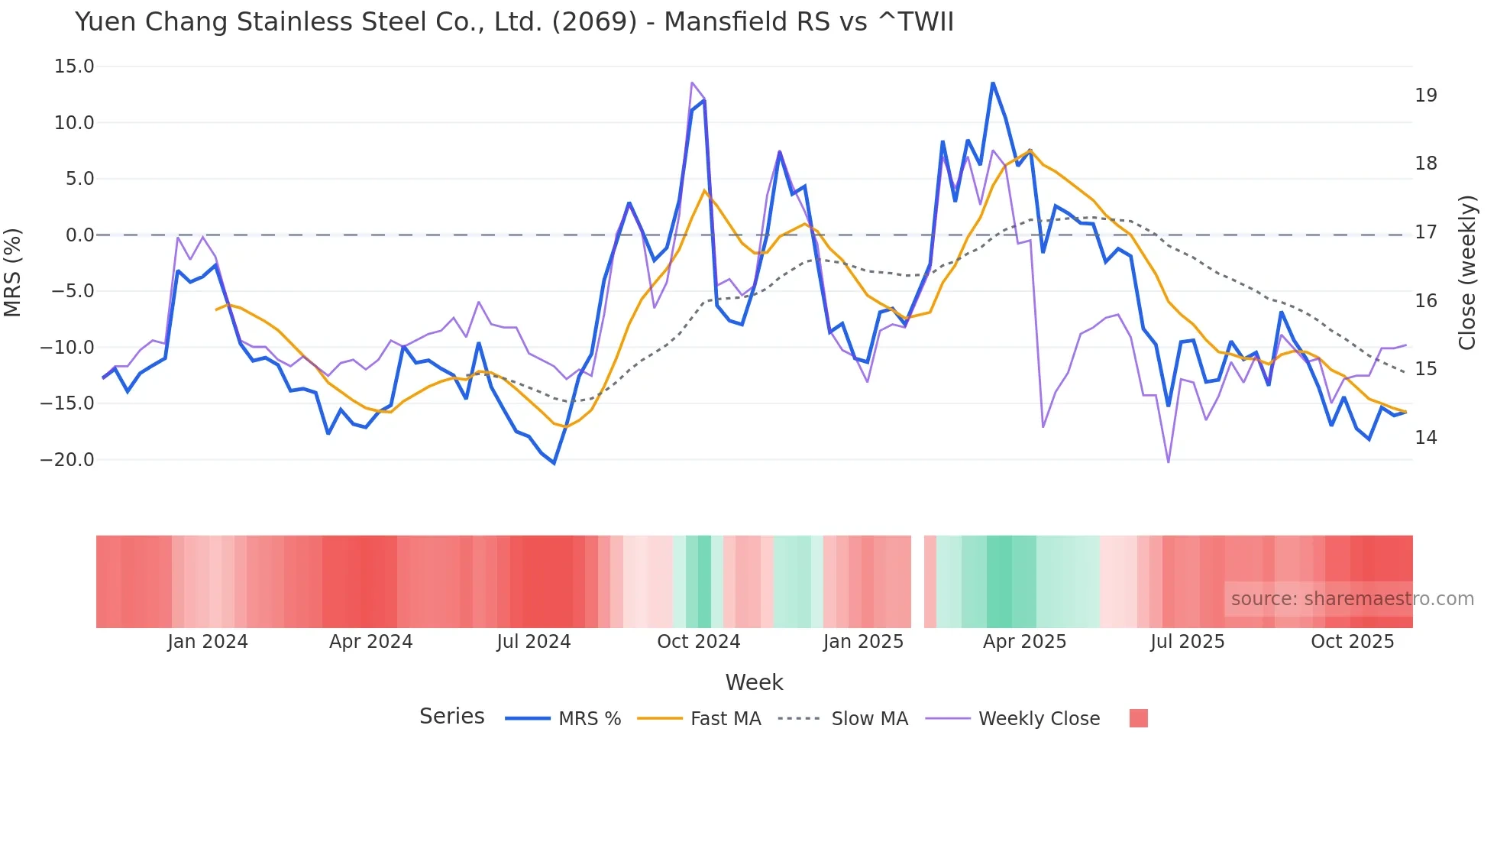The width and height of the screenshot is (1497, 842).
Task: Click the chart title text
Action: pos(514,22)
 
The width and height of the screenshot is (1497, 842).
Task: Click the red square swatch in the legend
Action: pos(1138,718)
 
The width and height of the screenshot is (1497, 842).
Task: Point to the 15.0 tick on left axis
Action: pos(74,66)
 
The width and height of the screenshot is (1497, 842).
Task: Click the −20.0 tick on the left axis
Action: pos(68,460)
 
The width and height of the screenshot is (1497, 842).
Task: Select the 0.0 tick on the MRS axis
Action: pos(79,235)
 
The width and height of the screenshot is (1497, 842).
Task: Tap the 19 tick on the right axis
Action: pos(1425,96)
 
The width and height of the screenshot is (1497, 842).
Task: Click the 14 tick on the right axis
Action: pos(1425,438)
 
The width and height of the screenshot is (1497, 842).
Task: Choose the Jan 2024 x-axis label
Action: pos(208,642)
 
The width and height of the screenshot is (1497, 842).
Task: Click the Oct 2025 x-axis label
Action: pos(1352,642)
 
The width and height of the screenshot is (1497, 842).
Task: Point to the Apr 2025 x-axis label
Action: pos(1024,642)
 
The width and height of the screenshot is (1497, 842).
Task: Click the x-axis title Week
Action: pos(754,682)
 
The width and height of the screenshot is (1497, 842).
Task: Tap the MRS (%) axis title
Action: pos(13,272)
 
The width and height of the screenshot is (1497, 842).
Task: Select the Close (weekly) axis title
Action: pos(1466,272)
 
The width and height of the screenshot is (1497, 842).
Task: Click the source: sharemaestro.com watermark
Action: pos(1352,599)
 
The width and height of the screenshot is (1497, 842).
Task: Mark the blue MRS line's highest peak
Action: pos(992,83)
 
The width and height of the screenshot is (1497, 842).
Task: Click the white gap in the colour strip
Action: pos(917,581)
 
